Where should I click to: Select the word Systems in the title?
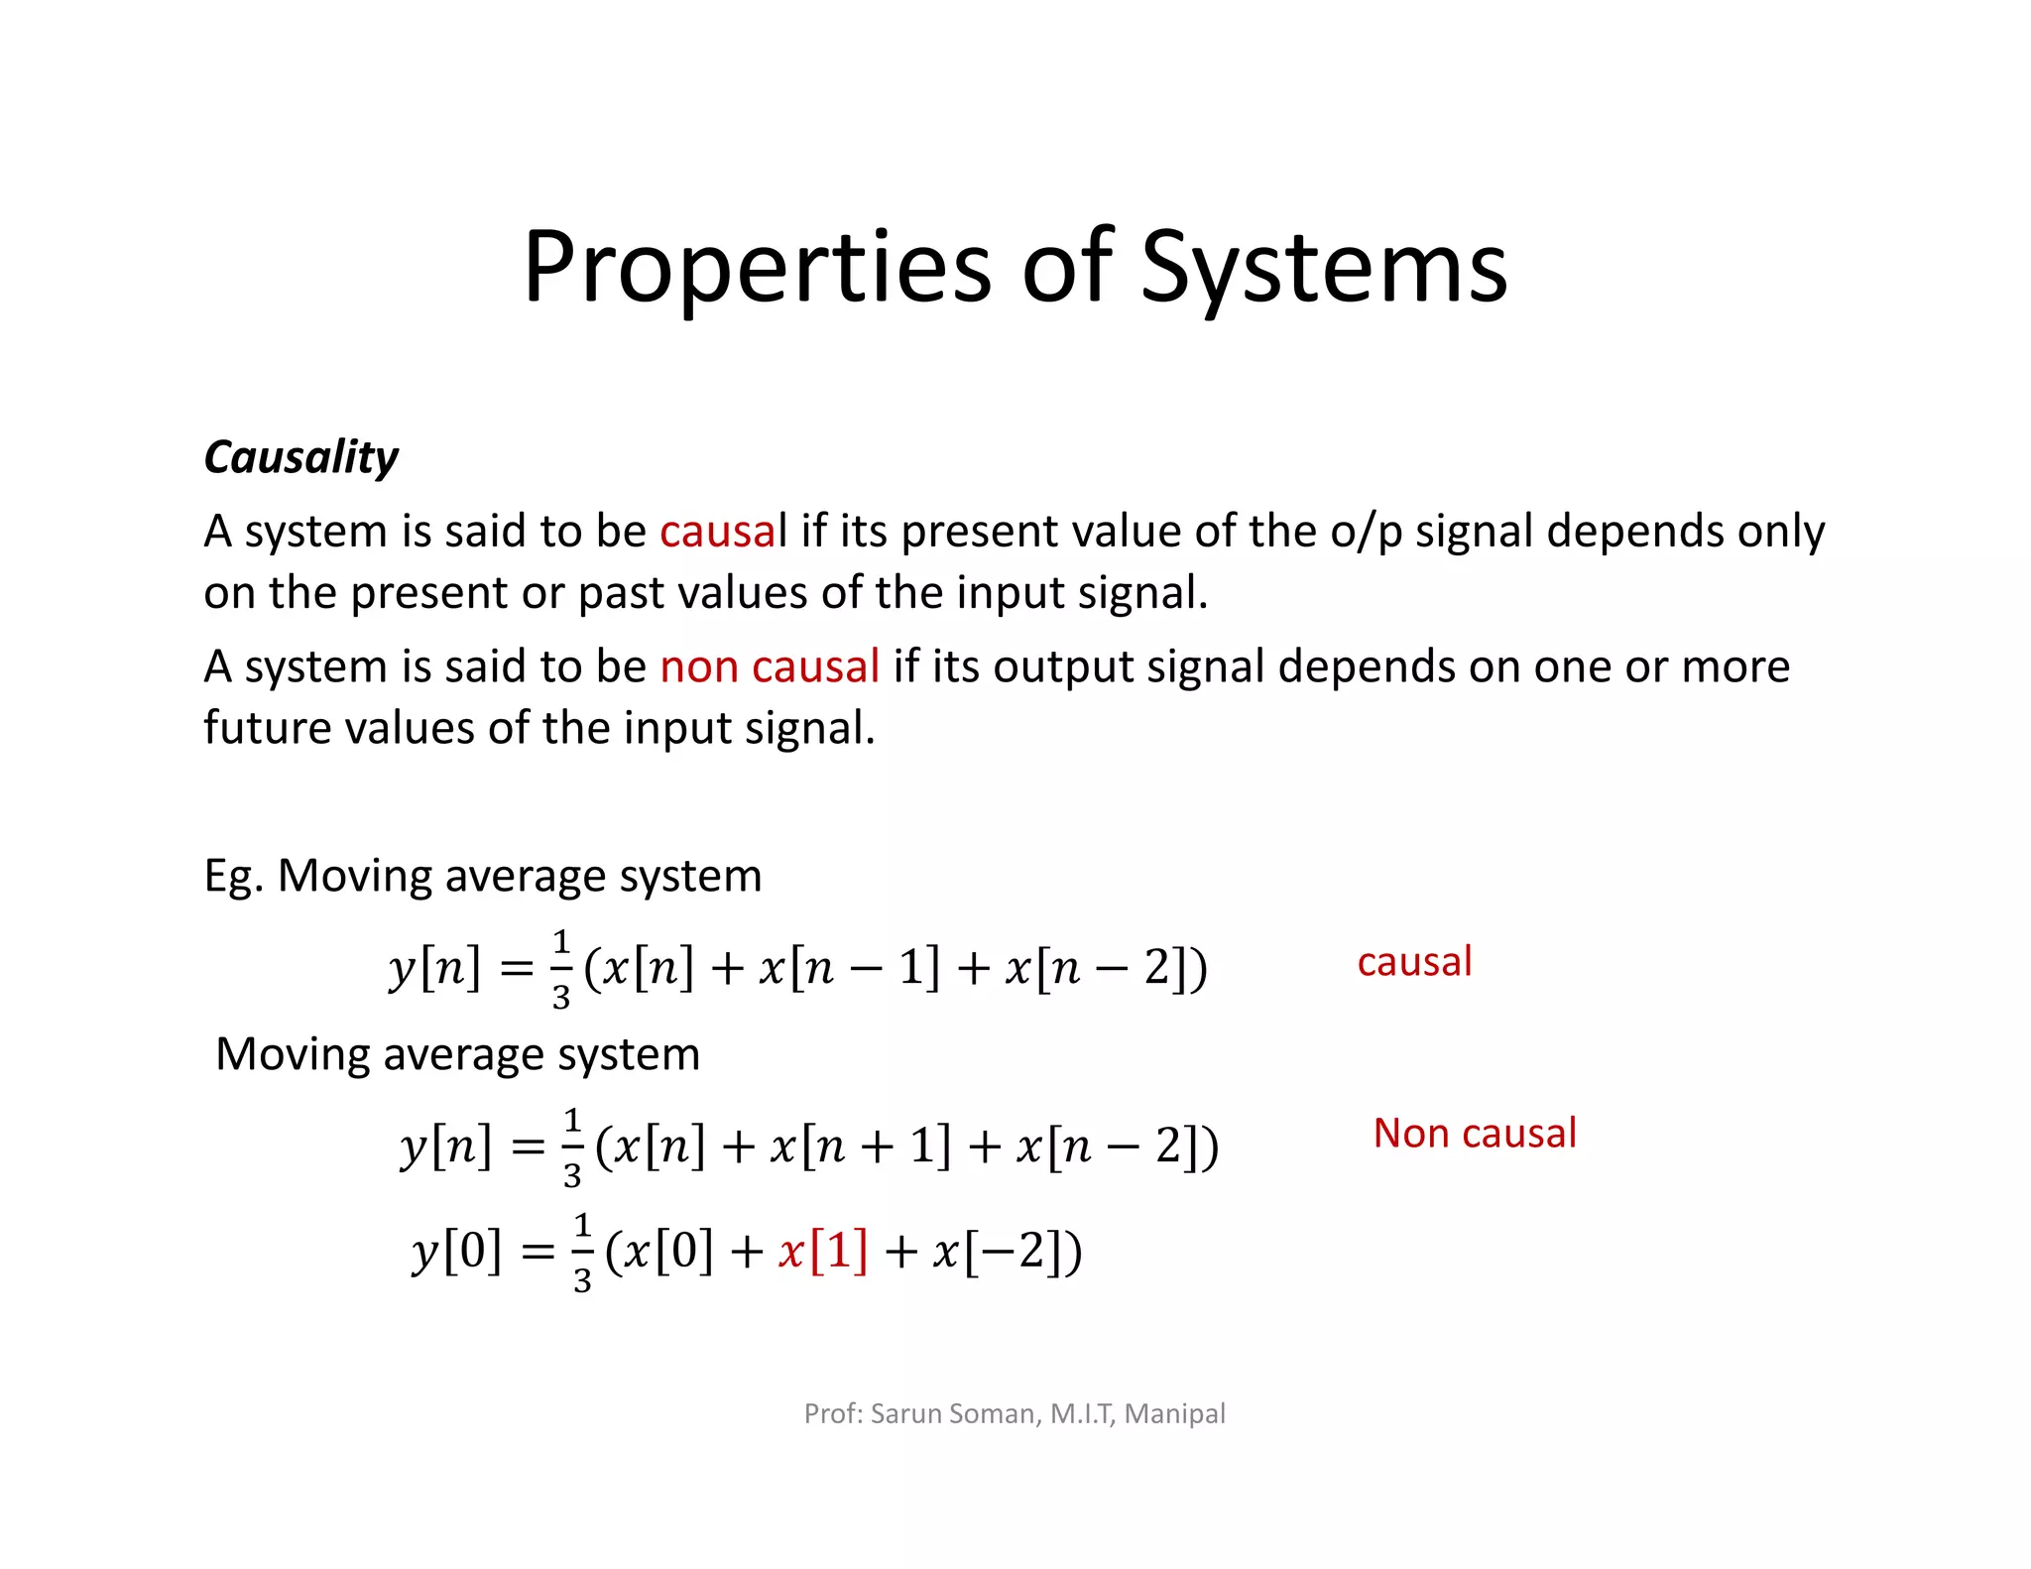point(1324,268)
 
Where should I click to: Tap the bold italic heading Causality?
point(300,458)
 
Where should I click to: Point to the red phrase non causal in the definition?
point(770,666)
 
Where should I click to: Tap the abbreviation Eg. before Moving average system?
point(233,877)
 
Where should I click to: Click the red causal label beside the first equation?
point(1414,962)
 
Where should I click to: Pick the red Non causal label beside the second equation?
point(1475,1134)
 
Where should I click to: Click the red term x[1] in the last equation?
point(823,1251)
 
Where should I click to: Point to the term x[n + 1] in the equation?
point(861,1147)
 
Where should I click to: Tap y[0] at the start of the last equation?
point(457,1251)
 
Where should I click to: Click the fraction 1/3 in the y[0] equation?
point(582,1252)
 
